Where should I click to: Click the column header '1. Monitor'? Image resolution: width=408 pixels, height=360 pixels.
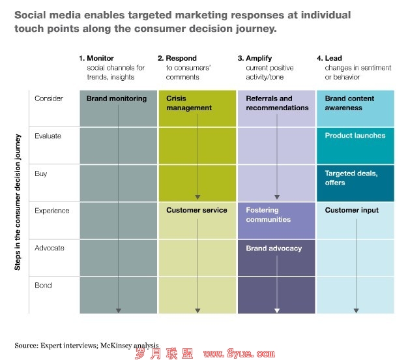pos(96,59)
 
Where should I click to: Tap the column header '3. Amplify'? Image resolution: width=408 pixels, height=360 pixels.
pos(257,59)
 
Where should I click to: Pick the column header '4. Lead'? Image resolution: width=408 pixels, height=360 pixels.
pos(332,59)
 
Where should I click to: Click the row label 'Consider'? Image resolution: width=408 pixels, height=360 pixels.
pos(48,98)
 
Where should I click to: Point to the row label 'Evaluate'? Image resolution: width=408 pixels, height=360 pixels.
pos(48,136)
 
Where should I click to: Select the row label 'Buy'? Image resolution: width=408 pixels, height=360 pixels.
pos(41,173)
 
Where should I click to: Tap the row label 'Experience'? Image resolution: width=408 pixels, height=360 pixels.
pos(51,211)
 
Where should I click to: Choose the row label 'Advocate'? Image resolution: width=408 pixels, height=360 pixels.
pos(50,248)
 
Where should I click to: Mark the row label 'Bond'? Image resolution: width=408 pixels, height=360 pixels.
pos(44,285)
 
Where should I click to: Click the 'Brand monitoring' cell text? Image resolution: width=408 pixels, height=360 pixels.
pos(117,98)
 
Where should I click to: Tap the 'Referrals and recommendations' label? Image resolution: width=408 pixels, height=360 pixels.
pos(277,103)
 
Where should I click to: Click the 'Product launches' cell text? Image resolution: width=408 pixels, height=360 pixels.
pos(355,136)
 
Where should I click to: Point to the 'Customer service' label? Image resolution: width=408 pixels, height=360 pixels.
pos(197,211)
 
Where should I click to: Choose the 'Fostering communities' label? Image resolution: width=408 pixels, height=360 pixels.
pos(268,215)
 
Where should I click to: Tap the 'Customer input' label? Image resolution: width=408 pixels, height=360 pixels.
pos(352,211)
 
